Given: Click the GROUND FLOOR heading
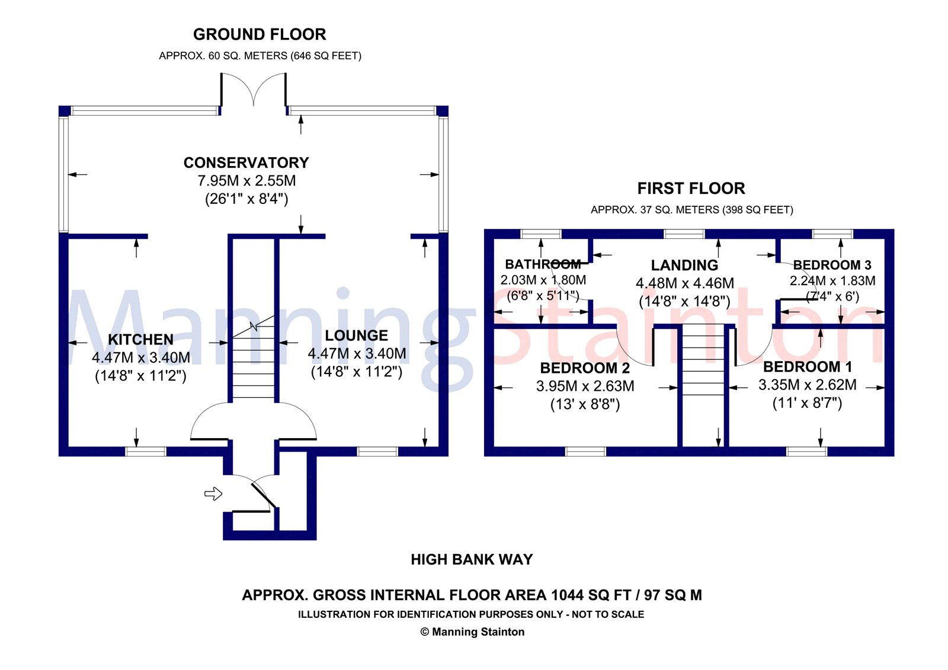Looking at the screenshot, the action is pyautogui.click(x=260, y=34).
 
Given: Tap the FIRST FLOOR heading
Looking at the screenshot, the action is pyautogui.click(x=691, y=189).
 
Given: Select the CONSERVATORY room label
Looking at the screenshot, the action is pyautogui.click(x=246, y=162).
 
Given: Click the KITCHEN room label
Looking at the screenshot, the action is pyautogui.click(x=141, y=339).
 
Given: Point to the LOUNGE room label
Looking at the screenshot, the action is pyautogui.click(x=356, y=336).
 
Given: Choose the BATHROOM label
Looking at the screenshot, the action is pyautogui.click(x=543, y=264).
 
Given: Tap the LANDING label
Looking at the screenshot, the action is pyautogui.click(x=684, y=265).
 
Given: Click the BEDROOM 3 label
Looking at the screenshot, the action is pyautogui.click(x=832, y=265).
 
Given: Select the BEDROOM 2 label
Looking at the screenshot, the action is pyautogui.click(x=585, y=368).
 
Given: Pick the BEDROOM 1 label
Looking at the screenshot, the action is pyautogui.click(x=808, y=366).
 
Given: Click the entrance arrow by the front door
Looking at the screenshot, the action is pyautogui.click(x=213, y=493).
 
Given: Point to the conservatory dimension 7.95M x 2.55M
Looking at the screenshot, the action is pyautogui.click(x=246, y=181).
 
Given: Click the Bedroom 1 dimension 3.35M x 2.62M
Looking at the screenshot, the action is pyautogui.click(x=808, y=385).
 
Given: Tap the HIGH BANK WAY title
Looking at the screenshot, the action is pyautogui.click(x=472, y=560).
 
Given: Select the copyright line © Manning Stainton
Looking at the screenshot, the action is pyautogui.click(x=472, y=632).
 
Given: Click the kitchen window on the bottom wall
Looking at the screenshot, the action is pyautogui.click(x=146, y=451).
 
